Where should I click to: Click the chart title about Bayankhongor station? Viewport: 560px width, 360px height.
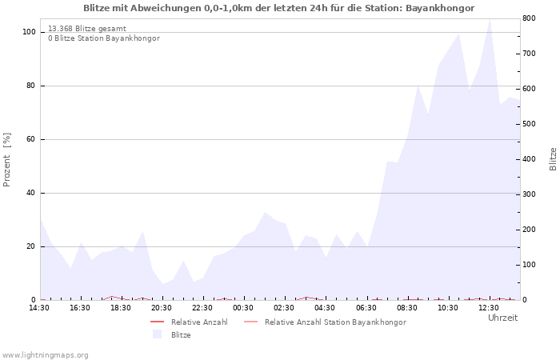pos(279,8)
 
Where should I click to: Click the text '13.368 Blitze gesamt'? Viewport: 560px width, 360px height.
pos(87,29)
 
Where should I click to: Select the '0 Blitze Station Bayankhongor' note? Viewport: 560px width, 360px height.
pos(104,38)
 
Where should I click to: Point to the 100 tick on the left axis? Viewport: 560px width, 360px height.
pos(29,32)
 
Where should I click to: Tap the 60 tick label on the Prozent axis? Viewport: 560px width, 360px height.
pos(30,139)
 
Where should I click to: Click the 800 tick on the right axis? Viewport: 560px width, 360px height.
pos(529,18)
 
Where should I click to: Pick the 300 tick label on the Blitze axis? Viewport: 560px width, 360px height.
pos(529,194)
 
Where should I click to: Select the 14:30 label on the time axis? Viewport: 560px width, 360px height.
pos(39,307)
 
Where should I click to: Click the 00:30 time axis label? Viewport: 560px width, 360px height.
pos(243,307)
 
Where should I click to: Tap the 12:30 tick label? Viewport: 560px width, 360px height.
pos(489,307)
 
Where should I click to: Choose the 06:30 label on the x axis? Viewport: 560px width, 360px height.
pos(366,307)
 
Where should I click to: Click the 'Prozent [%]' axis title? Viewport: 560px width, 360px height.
pos(6,160)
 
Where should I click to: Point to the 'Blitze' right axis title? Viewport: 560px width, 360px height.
pos(553,159)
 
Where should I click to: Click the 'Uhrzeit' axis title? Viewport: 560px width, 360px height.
pos(503,318)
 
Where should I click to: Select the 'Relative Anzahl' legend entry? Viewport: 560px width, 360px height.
pos(190,322)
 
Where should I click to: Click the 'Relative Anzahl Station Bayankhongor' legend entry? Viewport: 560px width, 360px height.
pos(325,322)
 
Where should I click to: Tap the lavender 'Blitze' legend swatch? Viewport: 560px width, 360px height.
pos(157,334)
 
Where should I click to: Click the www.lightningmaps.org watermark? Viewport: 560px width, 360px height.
pos(45,355)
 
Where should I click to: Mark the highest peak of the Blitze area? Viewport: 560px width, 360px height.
pos(490,19)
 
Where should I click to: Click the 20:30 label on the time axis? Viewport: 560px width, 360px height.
pos(162,307)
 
